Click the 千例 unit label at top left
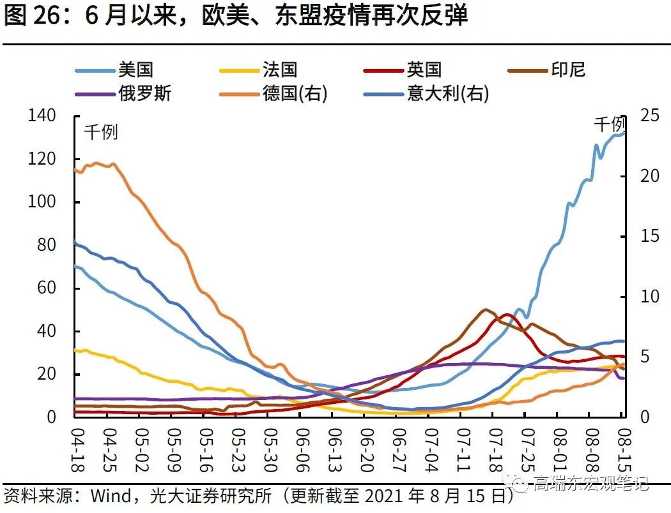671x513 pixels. click(x=101, y=133)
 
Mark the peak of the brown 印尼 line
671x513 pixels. click(x=486, y=310)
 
